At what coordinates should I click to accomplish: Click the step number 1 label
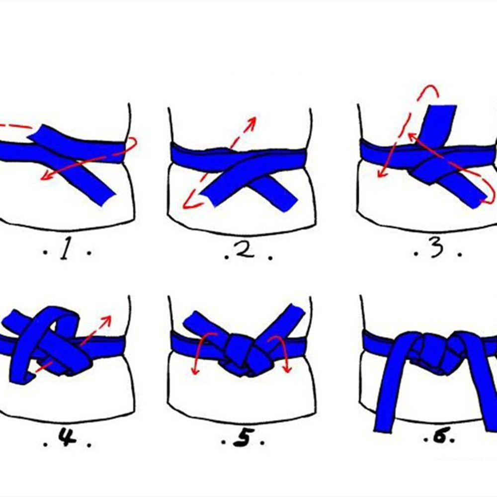pyautogui.click(x=65, y=250)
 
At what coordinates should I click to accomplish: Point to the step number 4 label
pyautogui.click(x=67, y=438)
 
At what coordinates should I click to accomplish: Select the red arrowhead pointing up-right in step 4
pyautogui.click(x=106, y=320)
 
